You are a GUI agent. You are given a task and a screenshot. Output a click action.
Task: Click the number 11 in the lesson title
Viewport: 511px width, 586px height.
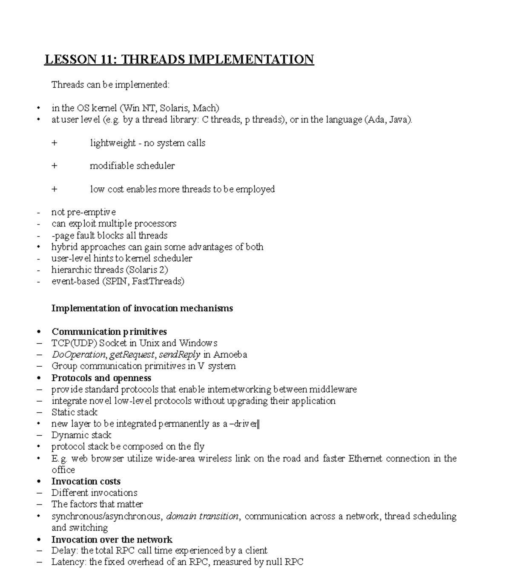[108, 59]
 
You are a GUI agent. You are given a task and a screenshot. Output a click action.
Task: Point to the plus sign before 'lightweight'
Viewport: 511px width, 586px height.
[54, 143]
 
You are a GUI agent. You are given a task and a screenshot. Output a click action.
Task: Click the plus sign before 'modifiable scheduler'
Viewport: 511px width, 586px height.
[54, 166]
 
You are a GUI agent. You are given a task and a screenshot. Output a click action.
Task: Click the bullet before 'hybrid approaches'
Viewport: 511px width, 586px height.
[39, 247]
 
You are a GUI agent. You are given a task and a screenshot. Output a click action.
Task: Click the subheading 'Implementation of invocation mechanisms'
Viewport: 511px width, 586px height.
[142, 308]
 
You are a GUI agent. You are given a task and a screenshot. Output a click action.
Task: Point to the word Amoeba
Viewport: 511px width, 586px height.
[230, 355]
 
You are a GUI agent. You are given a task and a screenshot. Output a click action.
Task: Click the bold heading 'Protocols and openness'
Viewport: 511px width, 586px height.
[101, 378]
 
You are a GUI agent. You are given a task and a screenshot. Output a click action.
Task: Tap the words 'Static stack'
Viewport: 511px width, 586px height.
[75, 412]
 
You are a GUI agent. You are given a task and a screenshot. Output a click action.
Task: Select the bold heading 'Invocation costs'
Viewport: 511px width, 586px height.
[86, 482]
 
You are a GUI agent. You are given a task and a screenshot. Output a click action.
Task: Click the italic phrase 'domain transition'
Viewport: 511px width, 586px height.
[203, 517]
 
